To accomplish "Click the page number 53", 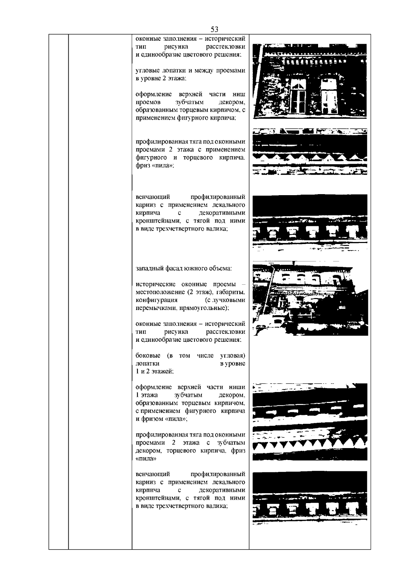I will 215,29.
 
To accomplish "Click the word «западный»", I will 149,269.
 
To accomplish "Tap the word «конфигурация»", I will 156,300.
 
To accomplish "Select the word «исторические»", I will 156,284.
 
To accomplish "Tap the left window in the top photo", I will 298,96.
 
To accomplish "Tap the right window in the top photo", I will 329,96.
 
